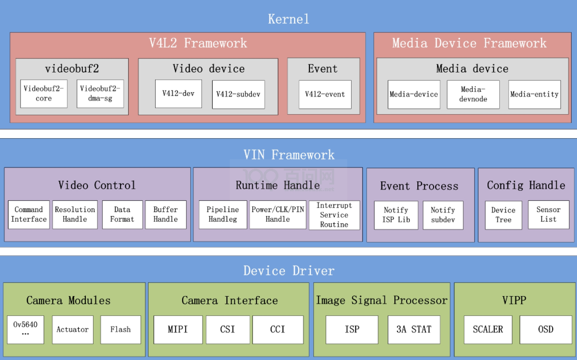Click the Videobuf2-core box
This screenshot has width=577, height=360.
pyautogui.click(x=44, y=94)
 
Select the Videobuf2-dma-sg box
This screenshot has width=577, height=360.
pyautogui.click(x=100, y=94)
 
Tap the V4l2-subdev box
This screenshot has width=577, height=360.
pyautogui.click(x=238, y=94)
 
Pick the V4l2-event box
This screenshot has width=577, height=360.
pyautogui.click(x=325, y=94)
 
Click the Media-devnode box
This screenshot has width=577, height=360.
pyautogui.click(x=473, y=94)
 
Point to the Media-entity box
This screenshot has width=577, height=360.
pyautogui.click(x=534, y=94)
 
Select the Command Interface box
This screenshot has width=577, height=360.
pyautogui.click(x=29, y=215)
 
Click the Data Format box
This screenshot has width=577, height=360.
pyautogui.click(x=122, y=215)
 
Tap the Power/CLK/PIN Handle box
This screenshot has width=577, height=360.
pyautogui.click(x=277, y=215)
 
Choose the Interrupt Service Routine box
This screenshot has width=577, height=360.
pyautogui.click(x=334, y=215)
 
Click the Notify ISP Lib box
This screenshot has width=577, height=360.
pyautogui.click(x=396, y=215)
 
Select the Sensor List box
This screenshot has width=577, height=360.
pyautogui.click(x=548, y=215)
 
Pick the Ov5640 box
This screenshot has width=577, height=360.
pyautogui.click(x=26, y=329)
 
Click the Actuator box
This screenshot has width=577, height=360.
pyautogui.click(x=72, y=329)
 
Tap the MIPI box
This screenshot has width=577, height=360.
pyautogui.click(x=178, y=329)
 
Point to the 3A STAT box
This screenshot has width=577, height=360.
pyautogui.click(x=414, y=329)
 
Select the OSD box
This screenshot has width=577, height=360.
pyautogui.click(x=546, y=329)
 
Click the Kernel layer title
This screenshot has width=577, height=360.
pyautogui.click(x=288, y=19)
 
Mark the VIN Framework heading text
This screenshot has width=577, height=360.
pyautogui.click(x=289, y=155)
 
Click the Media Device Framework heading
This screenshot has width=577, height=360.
pyautogui.click(x=469, y=43)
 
